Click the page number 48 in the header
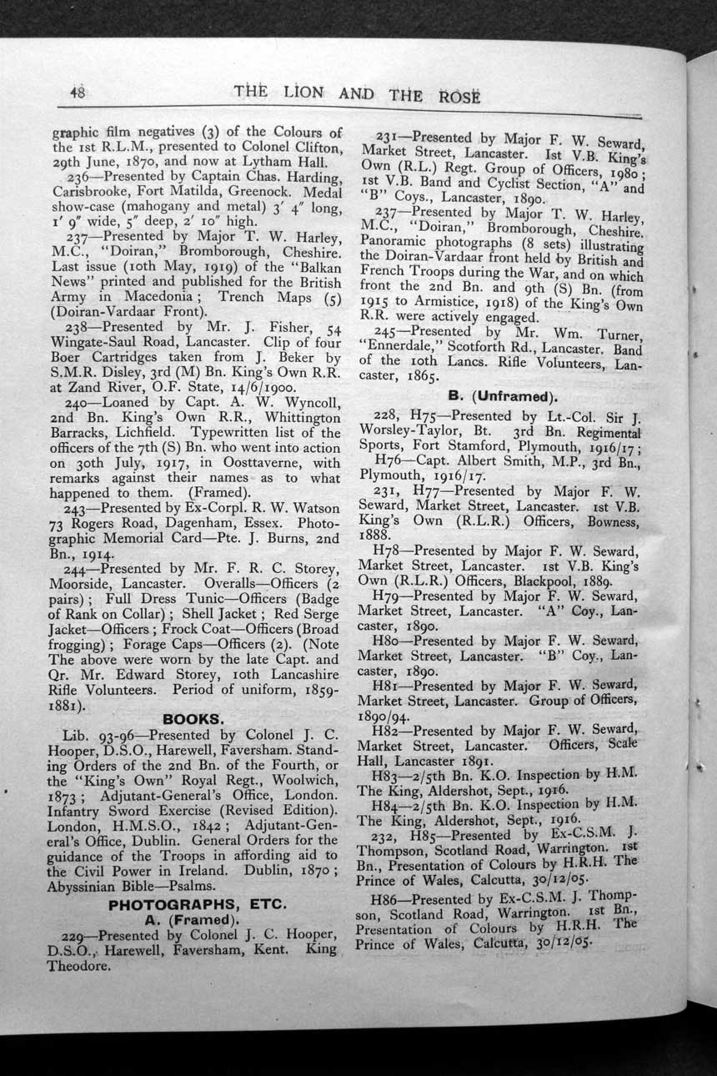(x=78, y=93)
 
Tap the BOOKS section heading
(x=192, y=718)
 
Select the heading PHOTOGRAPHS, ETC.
(x=198, y=904)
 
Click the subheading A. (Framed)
(x=192, y=919)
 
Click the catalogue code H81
(x=390, y=686)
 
